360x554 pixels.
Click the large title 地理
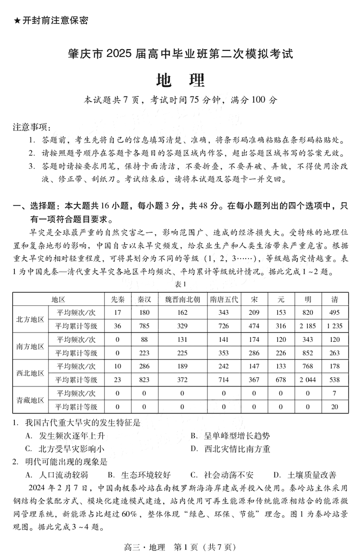180,80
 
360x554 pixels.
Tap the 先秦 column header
117,300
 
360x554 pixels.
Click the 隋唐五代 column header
224,300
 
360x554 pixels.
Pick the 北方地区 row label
30,319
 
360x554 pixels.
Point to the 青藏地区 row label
30,400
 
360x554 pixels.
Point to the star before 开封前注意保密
17,20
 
